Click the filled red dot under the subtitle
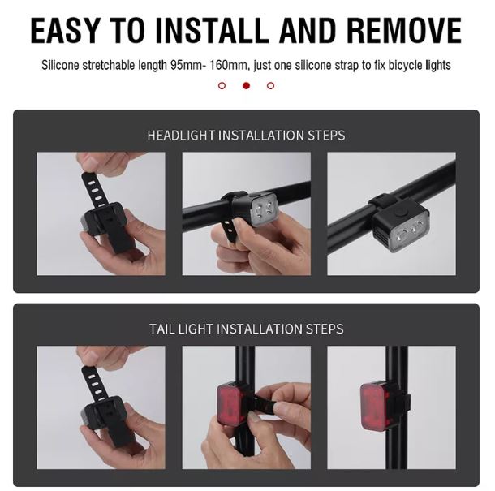(x=246, y=85)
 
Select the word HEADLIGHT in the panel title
(x=181, y=136)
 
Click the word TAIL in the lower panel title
(x=162, y=329)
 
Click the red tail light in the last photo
(x=373, y=407)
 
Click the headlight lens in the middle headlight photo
(x=264, y=210)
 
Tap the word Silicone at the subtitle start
(x=60, y=66)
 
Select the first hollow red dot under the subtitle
(x=222, y=85)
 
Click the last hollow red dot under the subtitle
(x=270, y=85)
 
